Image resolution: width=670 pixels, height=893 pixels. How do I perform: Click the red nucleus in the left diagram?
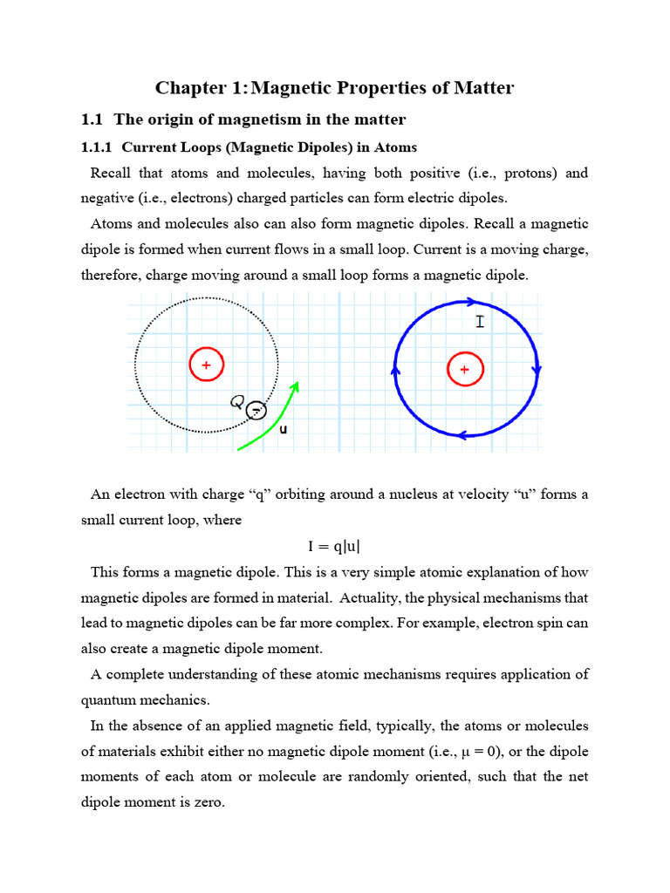click(x=207, y=365)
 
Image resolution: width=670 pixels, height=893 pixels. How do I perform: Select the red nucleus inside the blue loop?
click(x=464, y=369)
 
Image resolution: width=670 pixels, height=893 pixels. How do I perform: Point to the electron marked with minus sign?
click(x=255, y=410)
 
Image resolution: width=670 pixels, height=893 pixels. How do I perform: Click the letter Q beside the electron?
click(x=236, y=402)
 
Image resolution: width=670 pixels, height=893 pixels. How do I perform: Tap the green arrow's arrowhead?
click(x=297, y=387)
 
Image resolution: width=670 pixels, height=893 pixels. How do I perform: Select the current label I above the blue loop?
click(x=479, y=323)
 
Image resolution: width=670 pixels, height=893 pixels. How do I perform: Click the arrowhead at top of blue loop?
click(x=470, y=303)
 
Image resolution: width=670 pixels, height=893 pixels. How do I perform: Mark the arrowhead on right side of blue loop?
click(x=536, y=370)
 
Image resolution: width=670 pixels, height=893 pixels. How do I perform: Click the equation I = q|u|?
click(x=334, y=547)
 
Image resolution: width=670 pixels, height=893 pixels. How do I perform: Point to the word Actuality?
click(x=401, y=598)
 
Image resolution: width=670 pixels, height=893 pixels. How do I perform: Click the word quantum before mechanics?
click(x=110, y=700)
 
